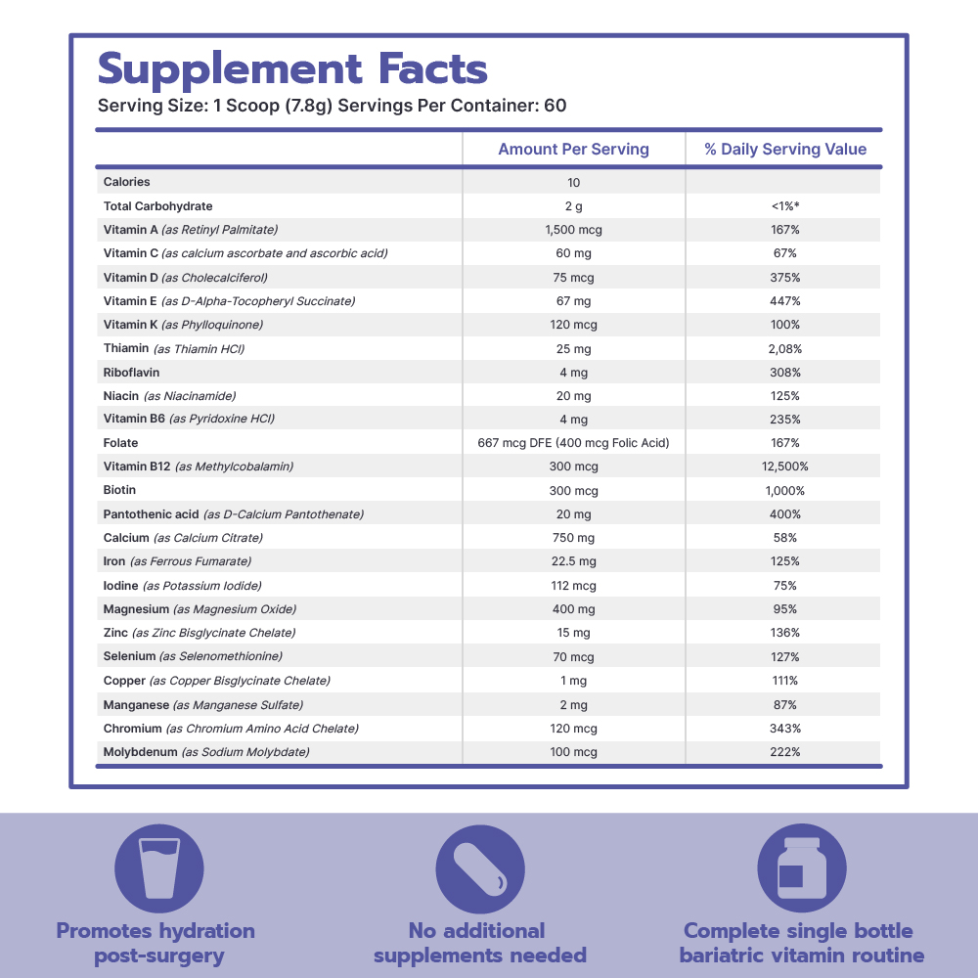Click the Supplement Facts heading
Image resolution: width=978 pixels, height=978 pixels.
pyautogui.click(x=292, y=69)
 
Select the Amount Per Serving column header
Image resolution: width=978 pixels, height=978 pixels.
pyautogui.click(x=573, y=150)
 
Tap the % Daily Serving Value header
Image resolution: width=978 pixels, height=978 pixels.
pyautogui.click(x=785, y=150)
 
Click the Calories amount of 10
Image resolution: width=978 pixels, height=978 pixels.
pyautogui.click(x=573, y=183)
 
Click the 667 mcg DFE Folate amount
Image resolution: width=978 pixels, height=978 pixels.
pyautogui.click(x=573, y=443)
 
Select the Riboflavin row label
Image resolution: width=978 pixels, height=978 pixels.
pyautogui.click(x=131, y=373)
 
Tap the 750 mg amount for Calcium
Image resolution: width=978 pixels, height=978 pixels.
pyautogui.click(x=573, y=538)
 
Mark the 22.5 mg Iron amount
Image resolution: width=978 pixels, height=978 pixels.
pyautogui.click(x=573, y=561)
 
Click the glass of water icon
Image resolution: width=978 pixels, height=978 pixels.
pyautogui.click(x=159, y=868)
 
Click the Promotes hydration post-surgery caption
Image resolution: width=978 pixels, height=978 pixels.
pyautogui.click(x=156, y=943)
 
